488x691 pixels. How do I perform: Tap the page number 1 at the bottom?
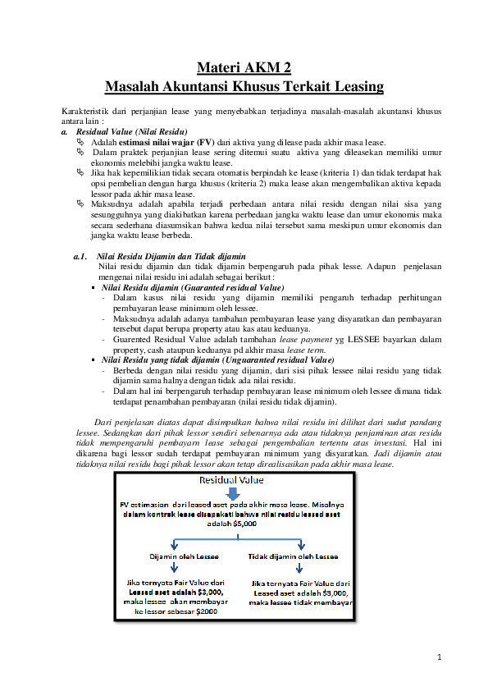(440, 657)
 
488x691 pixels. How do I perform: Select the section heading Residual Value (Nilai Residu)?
(131, 131)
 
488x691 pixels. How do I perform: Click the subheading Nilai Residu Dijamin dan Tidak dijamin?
(171, 257)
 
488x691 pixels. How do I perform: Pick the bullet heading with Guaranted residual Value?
(193, 288)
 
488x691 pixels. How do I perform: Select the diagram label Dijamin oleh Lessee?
(184, 556)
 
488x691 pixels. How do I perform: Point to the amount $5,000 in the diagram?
(244, 522)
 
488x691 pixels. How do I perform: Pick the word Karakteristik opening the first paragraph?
(85, 110)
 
